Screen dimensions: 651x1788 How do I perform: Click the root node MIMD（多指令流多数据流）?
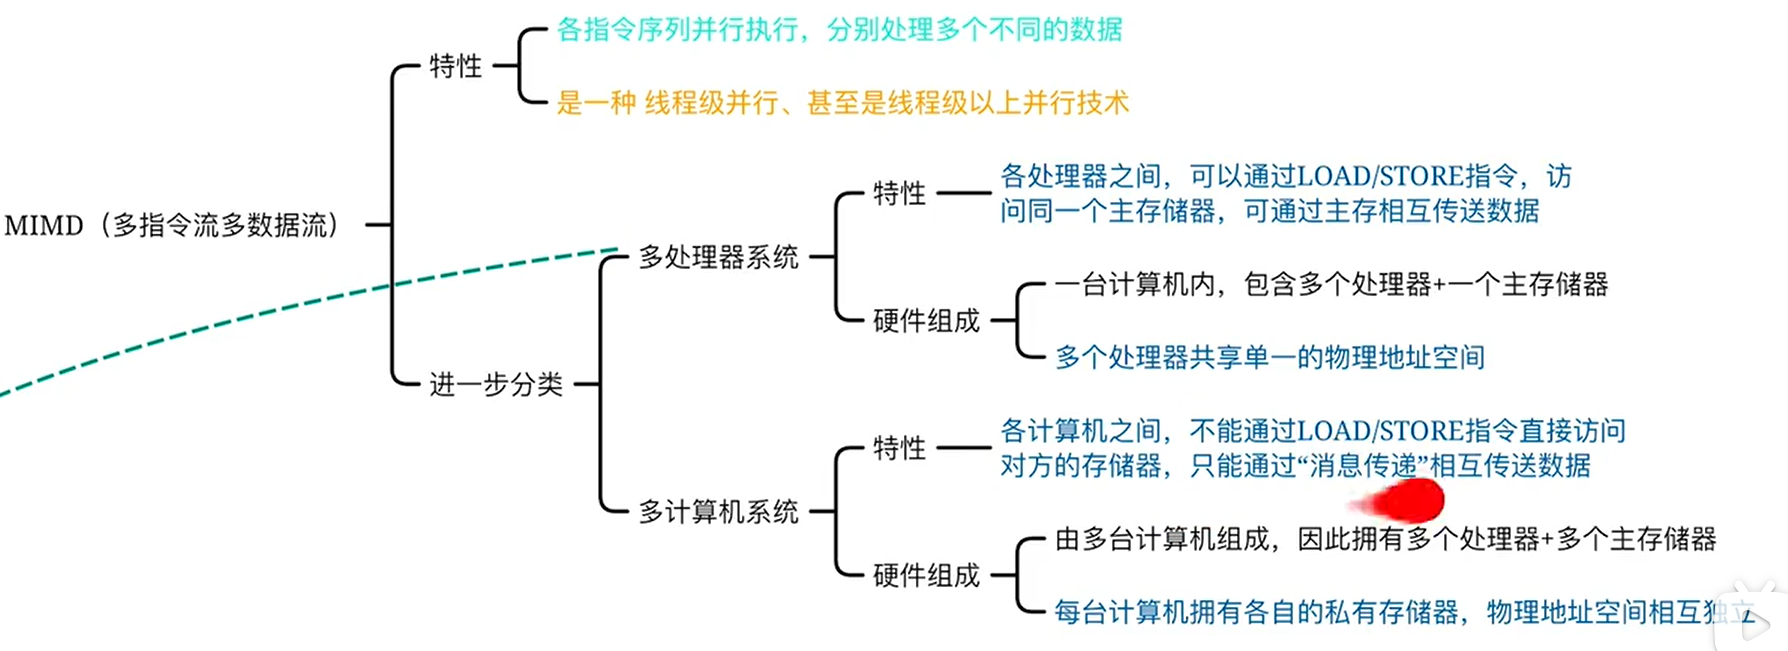pyautogui.click(x=172, y=225)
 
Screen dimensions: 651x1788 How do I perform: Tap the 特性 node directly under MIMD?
pyautogui.click(x=455, y=66)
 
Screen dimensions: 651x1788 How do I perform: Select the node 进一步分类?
pyautogui.click(x=496, y=384)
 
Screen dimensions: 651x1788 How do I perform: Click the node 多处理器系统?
pyautogui.click(x=718, y=257)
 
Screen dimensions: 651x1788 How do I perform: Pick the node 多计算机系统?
pyautogui.click(x=718, y=512)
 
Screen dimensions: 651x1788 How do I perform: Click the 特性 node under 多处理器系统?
pyautogui.click(x=899, y=193)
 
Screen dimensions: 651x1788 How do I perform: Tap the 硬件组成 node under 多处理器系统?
pyautogui.click(x=926, y=321)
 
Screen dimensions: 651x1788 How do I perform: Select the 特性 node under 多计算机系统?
pyautogui.click(x=899, y=448)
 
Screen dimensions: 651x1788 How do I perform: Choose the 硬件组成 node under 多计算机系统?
pyautogui.click(x=926, y=575)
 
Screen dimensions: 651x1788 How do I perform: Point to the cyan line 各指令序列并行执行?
pyautogui.click(x=838, y=30)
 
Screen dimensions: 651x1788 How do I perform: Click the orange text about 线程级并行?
pyautogui.click(x=842, y=103)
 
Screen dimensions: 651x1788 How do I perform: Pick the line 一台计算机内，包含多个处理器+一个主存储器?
pyautogui.click(x=1331, y=285)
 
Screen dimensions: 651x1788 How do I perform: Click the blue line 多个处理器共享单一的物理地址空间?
pyautogui.click(x=1269, y=357)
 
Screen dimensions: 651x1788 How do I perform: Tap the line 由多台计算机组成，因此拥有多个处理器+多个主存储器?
pyautogui.click(x=1385, y=540)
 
